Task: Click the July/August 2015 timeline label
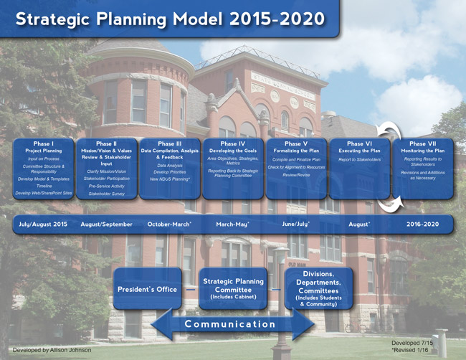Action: pos(42,224)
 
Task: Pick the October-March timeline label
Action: pos(169,224)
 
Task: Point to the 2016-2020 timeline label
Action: pos(423,224)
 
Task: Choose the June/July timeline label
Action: pos(295,224)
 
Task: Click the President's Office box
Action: pos(147,289)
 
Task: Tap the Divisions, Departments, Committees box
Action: pos(318,289)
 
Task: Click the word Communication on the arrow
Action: pos(229,324)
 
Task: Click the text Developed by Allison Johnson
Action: pos(52,350)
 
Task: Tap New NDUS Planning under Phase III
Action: pos(169,179)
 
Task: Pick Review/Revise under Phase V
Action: pos(296,175)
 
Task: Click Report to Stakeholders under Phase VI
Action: pos(359,159)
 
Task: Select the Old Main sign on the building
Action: pos(298,265)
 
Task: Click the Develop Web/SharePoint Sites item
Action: pos(43,193)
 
